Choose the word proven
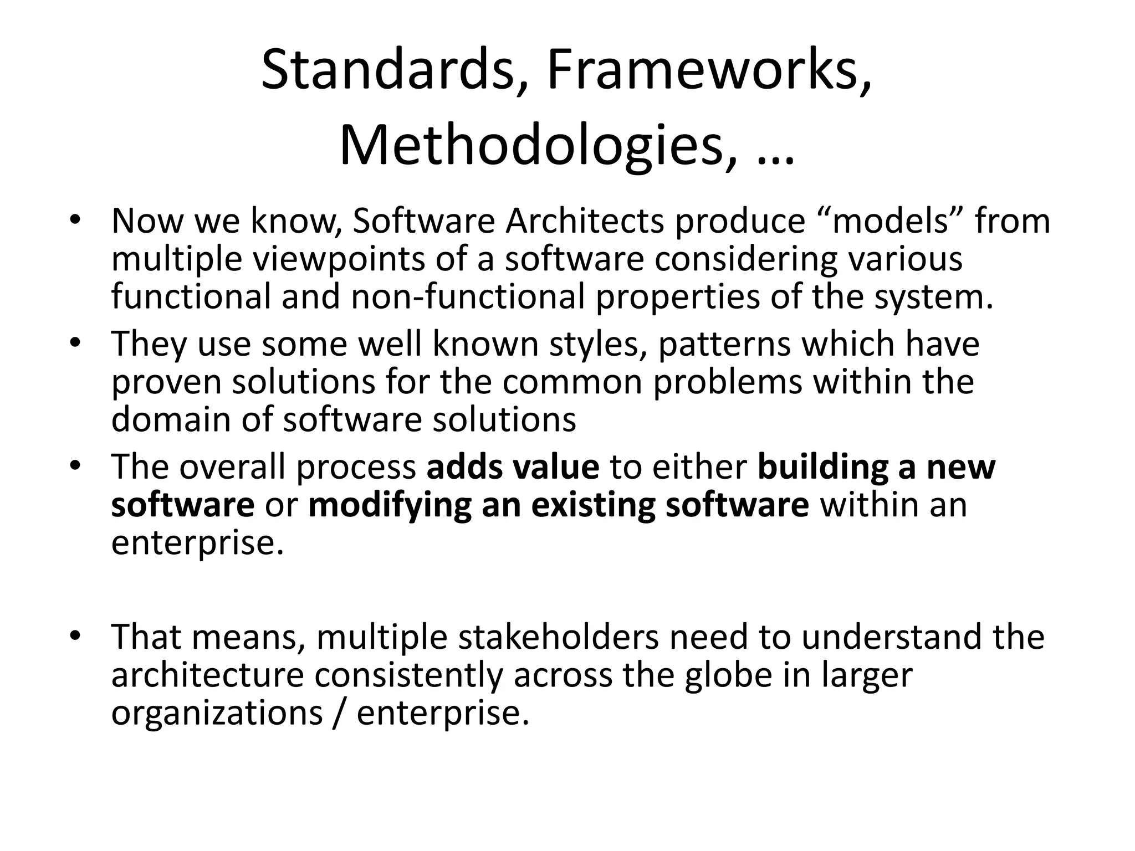166,383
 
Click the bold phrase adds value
513,467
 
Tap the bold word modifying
389,506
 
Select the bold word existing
592,506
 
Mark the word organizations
217,714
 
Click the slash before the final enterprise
339,712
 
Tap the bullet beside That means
76,635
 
